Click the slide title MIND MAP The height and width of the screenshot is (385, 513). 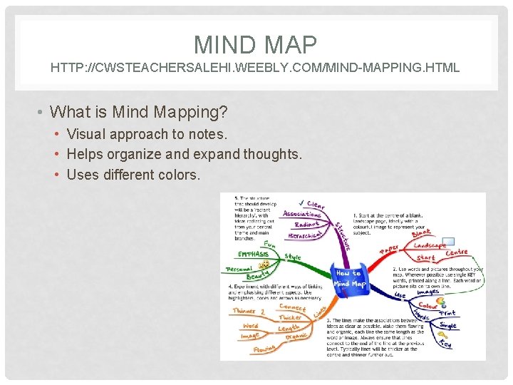click(x=255, y=45)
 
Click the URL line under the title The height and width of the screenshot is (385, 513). click(x=255, y=68)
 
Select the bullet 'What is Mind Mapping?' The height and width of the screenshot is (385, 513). click(x=140, y=112)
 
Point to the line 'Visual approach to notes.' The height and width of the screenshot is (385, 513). click(x=147, y=134)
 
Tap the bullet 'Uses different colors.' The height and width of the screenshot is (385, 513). click(x=133, y=174)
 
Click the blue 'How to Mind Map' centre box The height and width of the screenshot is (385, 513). click(x=349, y=278)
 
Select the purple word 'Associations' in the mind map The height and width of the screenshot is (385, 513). click(x=301, y=213)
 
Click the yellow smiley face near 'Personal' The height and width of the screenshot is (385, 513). click(x=265, y=264)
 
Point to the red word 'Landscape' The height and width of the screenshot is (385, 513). click(x=430, y=245)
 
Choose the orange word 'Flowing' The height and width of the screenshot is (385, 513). click(x=264, y=349)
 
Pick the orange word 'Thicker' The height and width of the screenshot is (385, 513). click(x=290, y=317)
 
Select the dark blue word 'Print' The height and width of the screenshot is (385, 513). click(x=447, y=313)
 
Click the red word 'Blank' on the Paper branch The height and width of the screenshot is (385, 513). click(x=421, y=233)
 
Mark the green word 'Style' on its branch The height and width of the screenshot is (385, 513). click(x=293, y=257)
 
